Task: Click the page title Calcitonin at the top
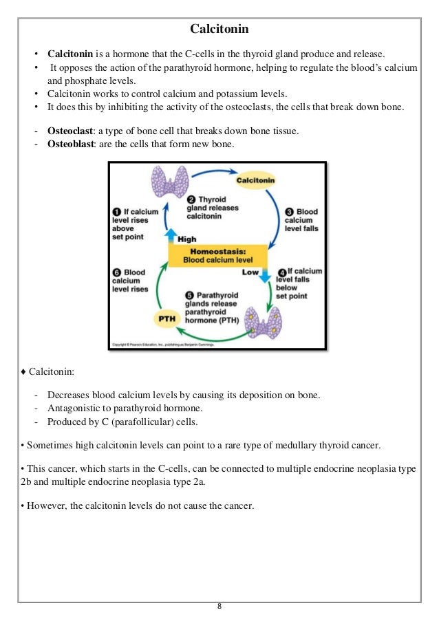coord(219,30)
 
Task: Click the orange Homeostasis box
coord(217,256)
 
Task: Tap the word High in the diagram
coord(186,239)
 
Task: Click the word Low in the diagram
coord(250,272)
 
